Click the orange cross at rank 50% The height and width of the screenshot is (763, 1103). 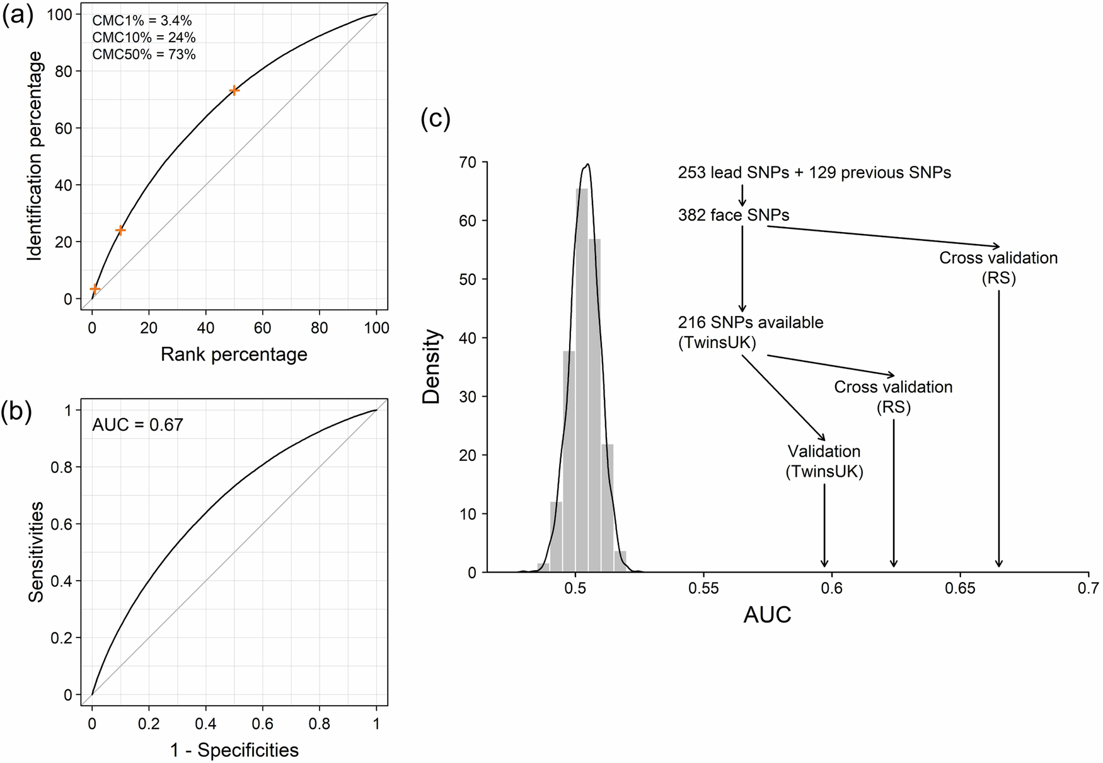[x=234, y=90]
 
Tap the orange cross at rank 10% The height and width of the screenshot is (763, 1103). [x=120, y=230]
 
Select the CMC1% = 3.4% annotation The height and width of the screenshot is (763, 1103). [x=142, y=21]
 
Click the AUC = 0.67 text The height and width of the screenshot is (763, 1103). [x=137, y=425]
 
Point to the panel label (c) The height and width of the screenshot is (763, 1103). [x=436, y=119]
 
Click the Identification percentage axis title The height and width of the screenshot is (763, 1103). [x=35, y=156]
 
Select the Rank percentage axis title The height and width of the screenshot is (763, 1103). [x=234, y=354]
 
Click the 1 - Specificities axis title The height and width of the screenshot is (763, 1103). [x=234, y=750]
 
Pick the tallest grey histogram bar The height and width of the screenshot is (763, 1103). [x=582, y=378]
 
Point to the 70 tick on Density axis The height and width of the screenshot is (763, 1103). [x=467, y=162]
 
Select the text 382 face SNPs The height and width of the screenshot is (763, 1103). [x=734, y=216]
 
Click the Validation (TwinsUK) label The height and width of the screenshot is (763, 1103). [x=824, y=462]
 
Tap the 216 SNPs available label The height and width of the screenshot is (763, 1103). [x=751, y=322]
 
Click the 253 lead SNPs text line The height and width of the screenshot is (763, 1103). [x=814, y=173]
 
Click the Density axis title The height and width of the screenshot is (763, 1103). [x=432, y=367]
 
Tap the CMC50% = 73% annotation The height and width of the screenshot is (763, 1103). [x=144, y=54]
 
